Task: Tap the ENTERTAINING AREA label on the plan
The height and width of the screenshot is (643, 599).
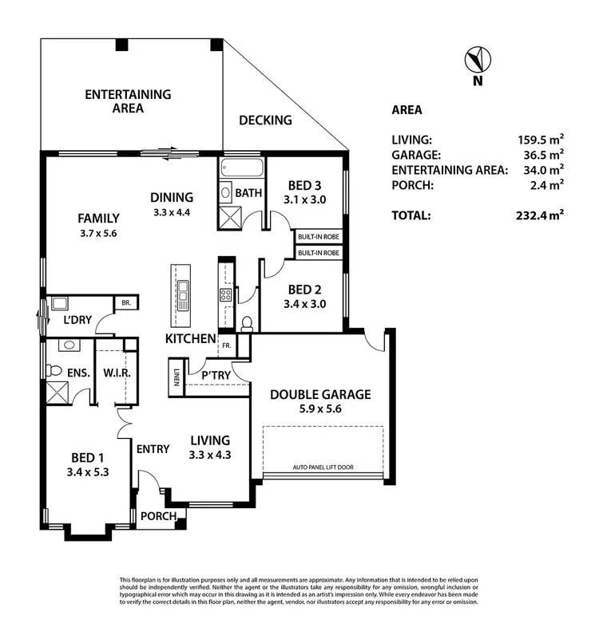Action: pyautogui.click(x=128, y=101)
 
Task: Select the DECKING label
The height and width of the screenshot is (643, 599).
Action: pyautogui.click(x=266, y=120)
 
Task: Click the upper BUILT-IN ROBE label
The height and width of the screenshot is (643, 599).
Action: pyautogui.click(x=318, y=238)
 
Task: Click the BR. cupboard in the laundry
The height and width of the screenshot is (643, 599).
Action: pyautogui.click(x=125, y=303)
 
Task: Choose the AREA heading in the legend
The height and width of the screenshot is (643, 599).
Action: pyautogui.click(x=407, y=110)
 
